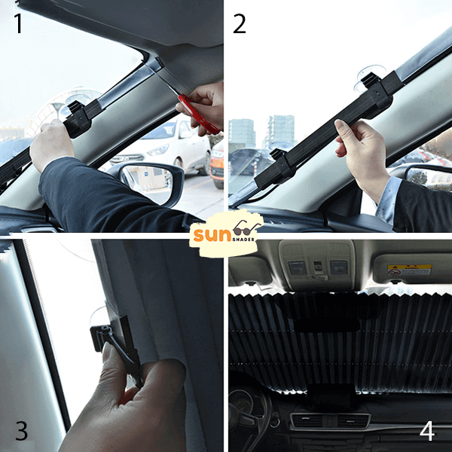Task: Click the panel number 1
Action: [x=18, y=23]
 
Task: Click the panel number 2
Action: [x=240, y=24]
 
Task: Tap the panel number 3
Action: [x=21, y=430]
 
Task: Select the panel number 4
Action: [x=427, y=431]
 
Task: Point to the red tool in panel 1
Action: [x=198, y=114]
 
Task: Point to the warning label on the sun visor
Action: [x=410, y=270]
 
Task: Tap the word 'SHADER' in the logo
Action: [x=244, y=240]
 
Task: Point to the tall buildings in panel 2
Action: [x=261, y=133]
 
